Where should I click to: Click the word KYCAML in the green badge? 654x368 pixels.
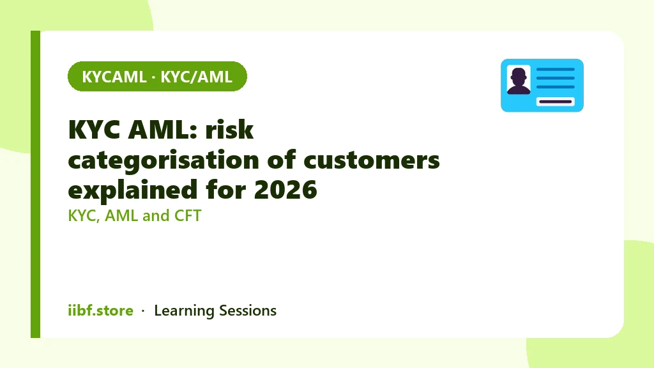(114, 77)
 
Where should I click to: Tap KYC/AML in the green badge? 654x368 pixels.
(197, 77)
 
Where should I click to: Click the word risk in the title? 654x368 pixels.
(229, 129)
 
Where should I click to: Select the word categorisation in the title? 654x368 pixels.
(163, 161)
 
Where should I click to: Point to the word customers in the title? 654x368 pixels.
(372, 160)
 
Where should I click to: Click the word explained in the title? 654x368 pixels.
(133, 190)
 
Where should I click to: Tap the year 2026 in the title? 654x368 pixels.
(285, 190)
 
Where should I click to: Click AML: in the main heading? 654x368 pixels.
(162, 129)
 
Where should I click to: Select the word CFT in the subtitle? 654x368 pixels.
(188, 216)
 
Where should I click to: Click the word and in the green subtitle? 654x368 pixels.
(156, 216)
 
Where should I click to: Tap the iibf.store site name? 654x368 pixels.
(100, 310)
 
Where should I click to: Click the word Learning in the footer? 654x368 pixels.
(184, 311)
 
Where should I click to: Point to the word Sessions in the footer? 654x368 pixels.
(248, 310)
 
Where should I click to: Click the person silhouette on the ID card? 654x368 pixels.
(519, 80)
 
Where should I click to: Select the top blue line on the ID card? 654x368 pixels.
(556, 69)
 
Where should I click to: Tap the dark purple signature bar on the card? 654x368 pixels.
(556, 102)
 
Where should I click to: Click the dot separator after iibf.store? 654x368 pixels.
(143, 311)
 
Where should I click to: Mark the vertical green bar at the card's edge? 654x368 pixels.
(36, 184)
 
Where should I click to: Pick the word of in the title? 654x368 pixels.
(281, 160)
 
